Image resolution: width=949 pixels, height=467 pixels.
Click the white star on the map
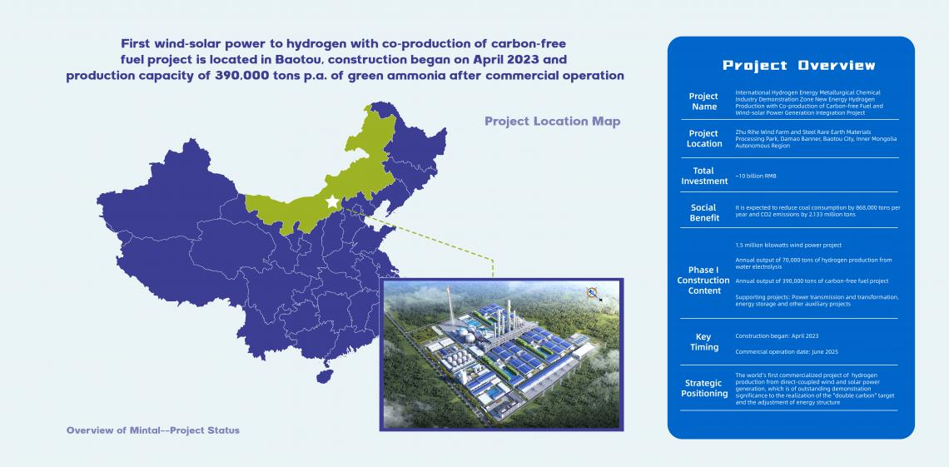tap(332, 201)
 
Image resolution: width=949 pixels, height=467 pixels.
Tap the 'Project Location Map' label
tap(553, 121)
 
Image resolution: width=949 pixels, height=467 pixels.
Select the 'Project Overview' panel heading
tap(799, 65)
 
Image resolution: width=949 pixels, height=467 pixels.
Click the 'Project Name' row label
tap(703, 102)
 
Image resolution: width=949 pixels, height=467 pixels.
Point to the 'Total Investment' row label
tap(704, 176)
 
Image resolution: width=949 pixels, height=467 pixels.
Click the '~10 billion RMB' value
tap(755, 176)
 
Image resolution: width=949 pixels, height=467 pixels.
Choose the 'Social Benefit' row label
tap(704, 212)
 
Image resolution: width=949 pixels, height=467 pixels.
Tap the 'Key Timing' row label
tap(704, 342)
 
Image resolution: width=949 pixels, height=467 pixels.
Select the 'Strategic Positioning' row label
tap(704, 389)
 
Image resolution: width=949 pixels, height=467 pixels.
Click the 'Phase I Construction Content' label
tap(703, 280)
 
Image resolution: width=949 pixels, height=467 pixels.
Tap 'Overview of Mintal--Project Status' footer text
tap(153, 430)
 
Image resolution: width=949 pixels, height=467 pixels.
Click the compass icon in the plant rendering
tap(592, 293)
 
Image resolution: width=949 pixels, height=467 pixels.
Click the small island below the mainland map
tap(325, 375)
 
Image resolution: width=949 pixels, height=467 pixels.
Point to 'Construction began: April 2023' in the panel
tap(777, 335)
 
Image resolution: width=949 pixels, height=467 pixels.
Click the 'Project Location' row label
tap(704, 138)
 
